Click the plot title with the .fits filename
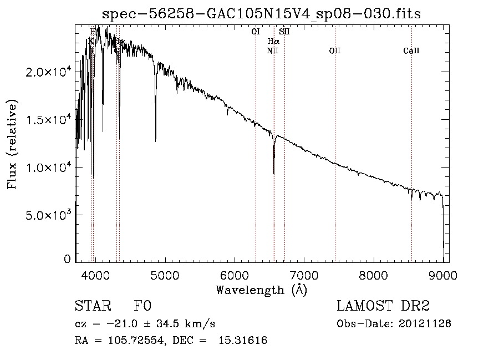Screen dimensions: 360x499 pos(262,14)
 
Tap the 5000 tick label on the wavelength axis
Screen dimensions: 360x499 pos(165,275)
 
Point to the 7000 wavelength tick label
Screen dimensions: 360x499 pos(304,275)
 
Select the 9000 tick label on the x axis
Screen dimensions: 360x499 pos(443,275)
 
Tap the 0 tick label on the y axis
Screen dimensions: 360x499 pos(68,259)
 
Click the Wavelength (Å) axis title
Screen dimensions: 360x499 pos(261,290)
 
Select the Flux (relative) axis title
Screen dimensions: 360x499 pos(12,144)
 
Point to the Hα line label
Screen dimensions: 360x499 pos(273,41)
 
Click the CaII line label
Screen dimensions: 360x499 pos(411,51)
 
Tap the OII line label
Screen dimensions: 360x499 pos(335,51)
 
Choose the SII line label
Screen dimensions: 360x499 pos(284,32)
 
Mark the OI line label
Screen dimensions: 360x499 pos(256,32)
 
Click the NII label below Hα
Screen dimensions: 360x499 pos(272,51)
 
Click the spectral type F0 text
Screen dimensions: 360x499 pos(142,307)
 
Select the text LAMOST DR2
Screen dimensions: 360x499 pos(383,307)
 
